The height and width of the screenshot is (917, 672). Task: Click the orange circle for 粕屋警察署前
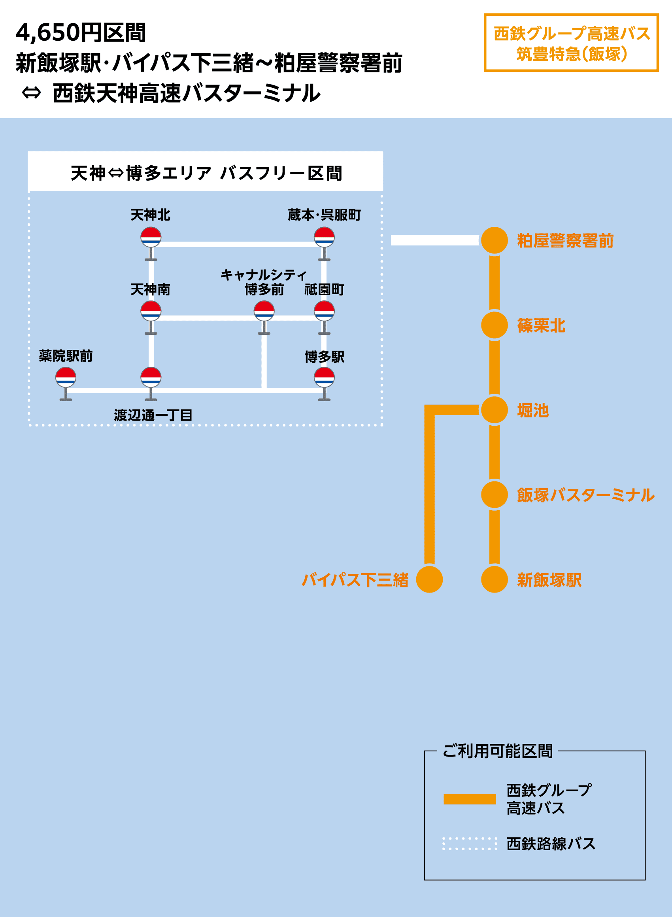[x=494, y=240]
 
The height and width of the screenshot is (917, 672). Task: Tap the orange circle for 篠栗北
[x=494, y=325]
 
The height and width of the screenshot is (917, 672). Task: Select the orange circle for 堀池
[x=494, y=409]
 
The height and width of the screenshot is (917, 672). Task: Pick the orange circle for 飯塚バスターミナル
[x=494, y=494]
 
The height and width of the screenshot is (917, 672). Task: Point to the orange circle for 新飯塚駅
[x=494, y=579]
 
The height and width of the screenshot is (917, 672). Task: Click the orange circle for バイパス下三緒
[x=429, y=579]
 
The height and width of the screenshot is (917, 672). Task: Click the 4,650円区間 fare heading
[x=81, y=32]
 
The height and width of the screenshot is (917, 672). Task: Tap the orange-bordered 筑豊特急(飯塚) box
[x=571, y=43]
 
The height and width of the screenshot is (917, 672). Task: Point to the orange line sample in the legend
[x=470, y=799]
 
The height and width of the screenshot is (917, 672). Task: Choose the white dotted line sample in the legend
[x=470, y=844]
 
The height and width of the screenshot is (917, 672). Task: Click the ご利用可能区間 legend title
[x=498, y=751]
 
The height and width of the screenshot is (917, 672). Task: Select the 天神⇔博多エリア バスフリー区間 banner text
[x=206, y=173]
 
